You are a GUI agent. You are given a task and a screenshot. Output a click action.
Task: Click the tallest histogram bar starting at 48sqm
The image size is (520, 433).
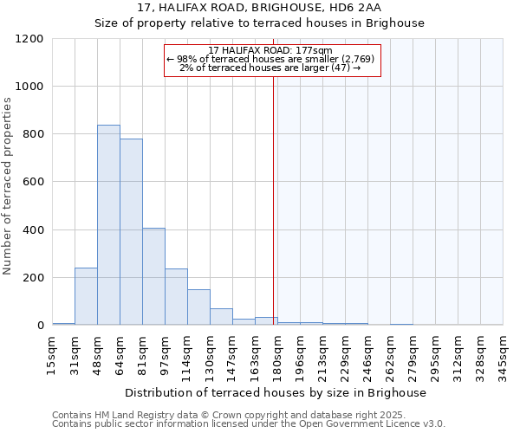click(x=108, y=225)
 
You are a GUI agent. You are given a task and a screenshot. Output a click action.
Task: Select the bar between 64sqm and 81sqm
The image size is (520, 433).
click(x=131, y=232)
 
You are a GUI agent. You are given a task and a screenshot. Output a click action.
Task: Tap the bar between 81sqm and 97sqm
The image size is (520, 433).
click(x=153, y=276)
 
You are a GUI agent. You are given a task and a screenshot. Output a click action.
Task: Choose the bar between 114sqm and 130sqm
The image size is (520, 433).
click(x=198, y=307)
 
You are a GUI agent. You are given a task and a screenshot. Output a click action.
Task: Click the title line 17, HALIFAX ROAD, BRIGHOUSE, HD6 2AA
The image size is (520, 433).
click(x=259, y=8)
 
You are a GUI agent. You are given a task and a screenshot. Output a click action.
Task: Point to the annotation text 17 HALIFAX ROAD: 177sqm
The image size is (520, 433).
click(x=270, y=51)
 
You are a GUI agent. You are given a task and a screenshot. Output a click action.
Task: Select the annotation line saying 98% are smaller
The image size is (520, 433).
click(x=270, y=59)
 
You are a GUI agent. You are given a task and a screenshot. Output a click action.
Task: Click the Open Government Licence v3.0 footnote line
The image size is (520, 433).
click(x=248, y=423)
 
